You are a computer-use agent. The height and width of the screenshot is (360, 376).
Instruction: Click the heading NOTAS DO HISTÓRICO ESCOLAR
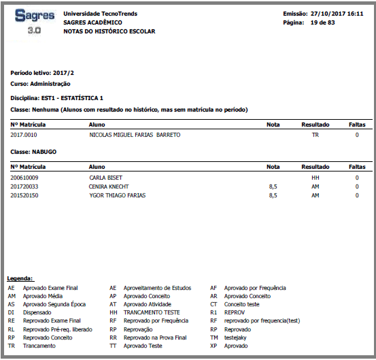(x=109, y=31)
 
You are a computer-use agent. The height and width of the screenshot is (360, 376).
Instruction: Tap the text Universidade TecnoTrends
(x=102, y=14)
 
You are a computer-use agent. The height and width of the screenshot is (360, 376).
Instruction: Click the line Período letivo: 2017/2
(x=41, y=72)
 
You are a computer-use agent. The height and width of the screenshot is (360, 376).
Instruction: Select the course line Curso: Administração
(x=41, y=84)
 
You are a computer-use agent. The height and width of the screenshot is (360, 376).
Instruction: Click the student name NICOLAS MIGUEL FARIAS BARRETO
(x=135, y=135)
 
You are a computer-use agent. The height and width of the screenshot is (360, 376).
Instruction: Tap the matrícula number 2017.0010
(x=24, y=135)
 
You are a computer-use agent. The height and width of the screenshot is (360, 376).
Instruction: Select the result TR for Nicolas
(x=315, y=135)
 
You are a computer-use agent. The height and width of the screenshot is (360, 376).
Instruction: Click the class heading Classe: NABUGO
(x=34, y=151)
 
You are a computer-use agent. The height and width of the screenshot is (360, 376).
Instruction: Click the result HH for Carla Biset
(x=315, y=177)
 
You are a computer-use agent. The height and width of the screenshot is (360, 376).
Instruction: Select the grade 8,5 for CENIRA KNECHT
(x=273, y=186)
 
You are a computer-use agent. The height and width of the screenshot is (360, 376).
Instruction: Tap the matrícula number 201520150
(x=25, y=195)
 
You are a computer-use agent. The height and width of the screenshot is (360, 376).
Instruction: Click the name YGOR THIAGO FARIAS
(x=118, y=195)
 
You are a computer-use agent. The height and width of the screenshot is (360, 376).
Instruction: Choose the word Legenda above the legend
(x=20, y=279)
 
